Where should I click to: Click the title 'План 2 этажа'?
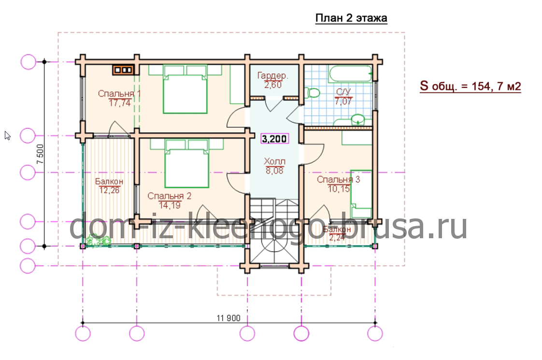click(351, 18)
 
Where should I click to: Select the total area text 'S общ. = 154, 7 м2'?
click(470, 86)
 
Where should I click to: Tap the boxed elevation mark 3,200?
click(274, 139)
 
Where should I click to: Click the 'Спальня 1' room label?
click(119, 93)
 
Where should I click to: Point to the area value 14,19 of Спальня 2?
click(170, 205)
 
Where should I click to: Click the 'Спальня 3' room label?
click(339, 179)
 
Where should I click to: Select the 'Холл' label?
click(274, 161)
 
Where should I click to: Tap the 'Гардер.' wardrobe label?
click(273, 75)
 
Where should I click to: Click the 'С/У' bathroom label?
click(343, 92)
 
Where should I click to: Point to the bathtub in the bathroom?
click(351, 74)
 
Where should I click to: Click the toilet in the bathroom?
click(312, 93)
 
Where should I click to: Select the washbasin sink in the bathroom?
click(358, 120)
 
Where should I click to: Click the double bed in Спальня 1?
click(185, 89)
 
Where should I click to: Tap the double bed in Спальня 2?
click(187, 163)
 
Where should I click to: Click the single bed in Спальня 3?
click(361, 194)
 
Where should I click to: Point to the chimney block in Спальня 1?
click(123, 70)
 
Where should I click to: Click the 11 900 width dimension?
click(228, 318)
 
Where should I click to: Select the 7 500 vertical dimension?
click(41, 154)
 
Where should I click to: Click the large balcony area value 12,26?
click(109, 190)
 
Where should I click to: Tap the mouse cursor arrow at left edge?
click(8, 135)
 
